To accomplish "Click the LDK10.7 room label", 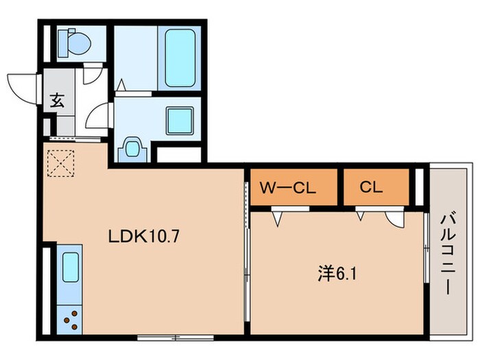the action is [143, 237].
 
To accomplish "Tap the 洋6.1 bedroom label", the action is [337, 274].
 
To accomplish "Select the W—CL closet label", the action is [288, 187].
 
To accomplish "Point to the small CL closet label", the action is [371, 187].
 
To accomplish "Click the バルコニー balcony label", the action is [448, 254].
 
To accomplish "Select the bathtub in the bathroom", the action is [180, 58].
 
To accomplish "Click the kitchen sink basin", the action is [71, 267].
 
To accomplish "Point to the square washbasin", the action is [180, 121].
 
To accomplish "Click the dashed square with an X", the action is [61, 163].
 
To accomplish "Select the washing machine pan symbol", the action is [132, 149].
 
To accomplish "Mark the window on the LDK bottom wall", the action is [176, 337].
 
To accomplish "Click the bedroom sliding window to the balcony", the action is [426, 248].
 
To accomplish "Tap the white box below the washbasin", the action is [179, 155].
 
